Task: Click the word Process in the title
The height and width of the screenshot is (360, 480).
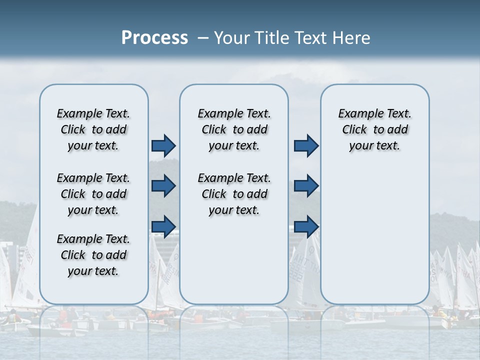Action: tap(154, 37)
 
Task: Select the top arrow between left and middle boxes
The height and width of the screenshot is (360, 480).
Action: tap(163, 145)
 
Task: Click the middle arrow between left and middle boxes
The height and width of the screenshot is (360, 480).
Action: tap(163, 186)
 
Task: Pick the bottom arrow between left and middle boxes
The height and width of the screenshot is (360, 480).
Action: tap(163, 226)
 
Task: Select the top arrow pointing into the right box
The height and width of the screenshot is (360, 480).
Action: tap(306, 145)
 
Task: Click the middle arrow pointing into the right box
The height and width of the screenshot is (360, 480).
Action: tap(306, 186)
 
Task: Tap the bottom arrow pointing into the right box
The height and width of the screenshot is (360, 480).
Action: tap(306, 226)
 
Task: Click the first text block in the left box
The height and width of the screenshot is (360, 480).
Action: tap(93, 129)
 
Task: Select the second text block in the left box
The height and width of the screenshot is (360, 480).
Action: tap(93, 194)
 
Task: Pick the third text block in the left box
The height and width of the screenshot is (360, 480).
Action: tap(93, 255)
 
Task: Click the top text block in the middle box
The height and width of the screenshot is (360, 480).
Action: tap(234, 129)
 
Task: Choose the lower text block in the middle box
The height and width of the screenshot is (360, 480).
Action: tap(234, 194)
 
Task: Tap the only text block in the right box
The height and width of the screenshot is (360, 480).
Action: tap(374, 129)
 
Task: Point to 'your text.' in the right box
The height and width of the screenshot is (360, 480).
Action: tap(374, 146)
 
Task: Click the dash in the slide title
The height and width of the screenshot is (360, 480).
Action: tap(203, 38)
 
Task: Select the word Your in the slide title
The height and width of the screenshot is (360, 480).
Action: tap(230, 38)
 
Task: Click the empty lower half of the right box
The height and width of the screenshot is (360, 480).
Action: tap(374, 240)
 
